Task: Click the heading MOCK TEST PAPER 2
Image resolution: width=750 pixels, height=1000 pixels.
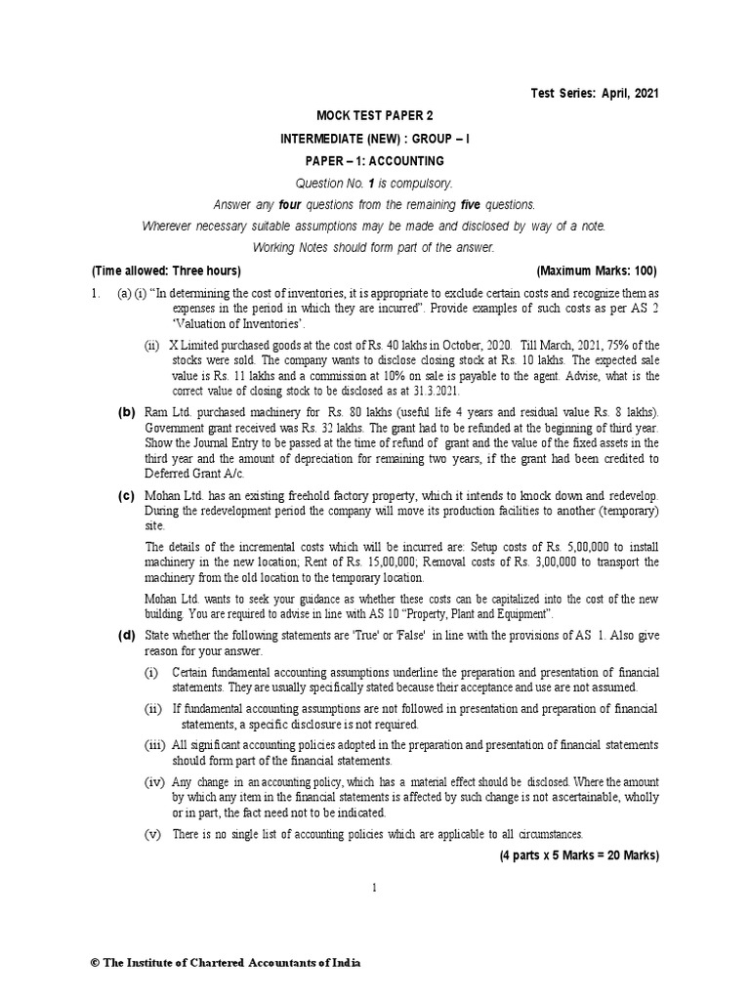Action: [x=374, y=115]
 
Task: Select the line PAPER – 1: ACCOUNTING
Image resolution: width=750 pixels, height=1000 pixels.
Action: [x=374, y=160]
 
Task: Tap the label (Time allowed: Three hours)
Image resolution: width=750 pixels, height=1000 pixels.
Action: [x=166, y=271]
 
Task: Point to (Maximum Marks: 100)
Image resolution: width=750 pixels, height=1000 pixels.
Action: [x=597, y=271]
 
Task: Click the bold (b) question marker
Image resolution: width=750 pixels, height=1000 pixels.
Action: [x=127, y=412]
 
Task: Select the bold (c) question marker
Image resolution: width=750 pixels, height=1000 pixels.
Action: [x=127, y=495]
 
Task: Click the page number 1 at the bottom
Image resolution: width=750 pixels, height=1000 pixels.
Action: [x=374, y=887]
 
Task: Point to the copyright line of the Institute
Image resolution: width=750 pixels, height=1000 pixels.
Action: [x=225, y=962]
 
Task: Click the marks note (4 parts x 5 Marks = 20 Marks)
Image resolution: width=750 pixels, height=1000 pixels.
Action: [x=579, y=855]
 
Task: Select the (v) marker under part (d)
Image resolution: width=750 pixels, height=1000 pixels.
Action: [x=152, y=834]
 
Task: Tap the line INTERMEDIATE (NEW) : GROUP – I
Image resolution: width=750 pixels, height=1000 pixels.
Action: [x=374, y=138]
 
